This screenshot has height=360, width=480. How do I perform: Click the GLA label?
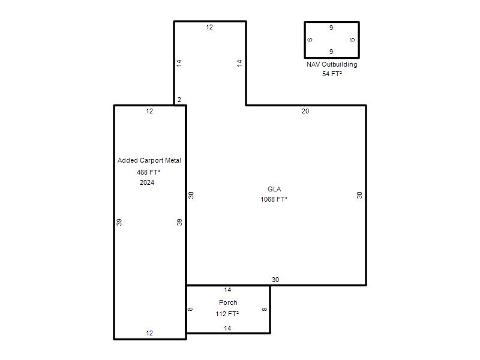[x=274, y=189]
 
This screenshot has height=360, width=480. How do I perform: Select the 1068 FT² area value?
[x=274, y=199]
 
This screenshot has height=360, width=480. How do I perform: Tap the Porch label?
[x=228, y=302]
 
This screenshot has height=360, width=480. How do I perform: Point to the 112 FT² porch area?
[x=227, y=314]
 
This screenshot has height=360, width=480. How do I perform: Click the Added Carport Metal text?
[x=149, y=160]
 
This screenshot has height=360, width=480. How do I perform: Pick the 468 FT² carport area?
[x=148, y=172]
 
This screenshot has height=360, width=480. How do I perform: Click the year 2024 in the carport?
[x=147, y=182]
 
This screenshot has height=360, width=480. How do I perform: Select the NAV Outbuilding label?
[x=332, y=64]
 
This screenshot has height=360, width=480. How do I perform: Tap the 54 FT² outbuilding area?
[x=332, y=74]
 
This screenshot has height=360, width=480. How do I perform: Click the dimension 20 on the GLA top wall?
[x=305, y=111]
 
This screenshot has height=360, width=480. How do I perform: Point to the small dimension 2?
[x=179, y=100]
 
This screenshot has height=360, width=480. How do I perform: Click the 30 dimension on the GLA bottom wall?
[x=275, y=280]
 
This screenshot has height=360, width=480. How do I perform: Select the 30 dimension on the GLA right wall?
[x=359, y=195]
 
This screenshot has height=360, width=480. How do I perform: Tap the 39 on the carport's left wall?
[x=119, y=222]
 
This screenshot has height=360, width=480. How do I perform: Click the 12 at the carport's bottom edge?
[x=149, y=333]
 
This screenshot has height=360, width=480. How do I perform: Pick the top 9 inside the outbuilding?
[x=331, y=28]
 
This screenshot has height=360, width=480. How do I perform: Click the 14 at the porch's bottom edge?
[x=227, y=328]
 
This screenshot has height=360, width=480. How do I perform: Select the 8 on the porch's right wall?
[x=265, y=309]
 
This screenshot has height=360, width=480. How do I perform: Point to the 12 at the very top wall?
[x=209, y=27]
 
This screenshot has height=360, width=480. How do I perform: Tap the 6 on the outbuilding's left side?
[x=310, y=40]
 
